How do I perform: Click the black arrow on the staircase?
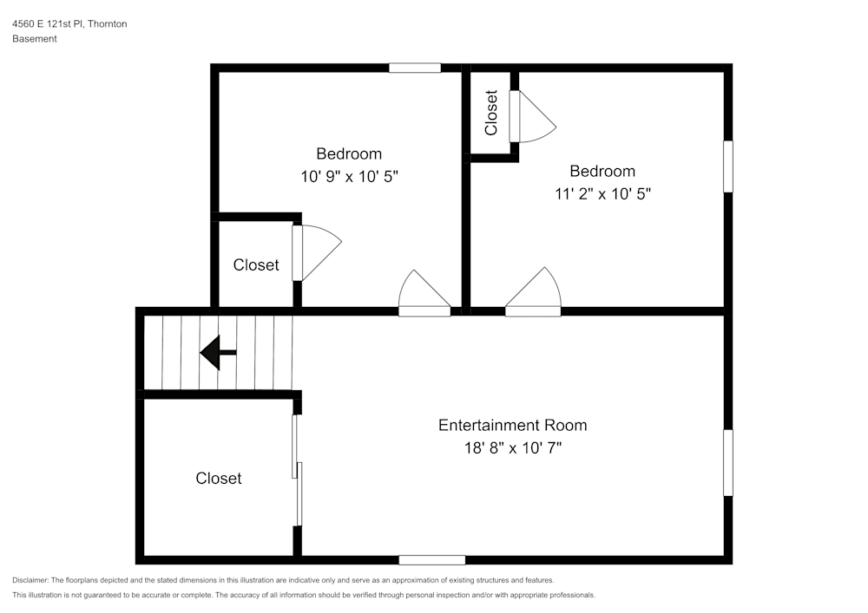coord(218,353)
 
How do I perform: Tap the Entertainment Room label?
coord(512,425)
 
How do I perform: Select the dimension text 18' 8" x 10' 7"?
coord(512,448)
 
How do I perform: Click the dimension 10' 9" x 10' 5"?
coord(349,176)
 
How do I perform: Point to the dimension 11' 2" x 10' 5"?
coord(602,194)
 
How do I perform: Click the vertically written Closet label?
coord(491,113)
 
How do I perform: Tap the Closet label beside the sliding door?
coord(219,478)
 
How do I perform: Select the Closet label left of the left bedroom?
coord(256,264)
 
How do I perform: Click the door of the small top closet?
coord(531,117)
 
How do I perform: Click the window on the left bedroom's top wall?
coord(415,68)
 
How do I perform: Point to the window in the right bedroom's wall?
coord(727,166)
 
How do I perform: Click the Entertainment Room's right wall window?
coord(727,463)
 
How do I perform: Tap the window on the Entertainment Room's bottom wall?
coord(431,559)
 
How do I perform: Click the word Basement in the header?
coord(35,39)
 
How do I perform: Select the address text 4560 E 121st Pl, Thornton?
coord(69,24)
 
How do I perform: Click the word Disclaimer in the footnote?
coord(30,580)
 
